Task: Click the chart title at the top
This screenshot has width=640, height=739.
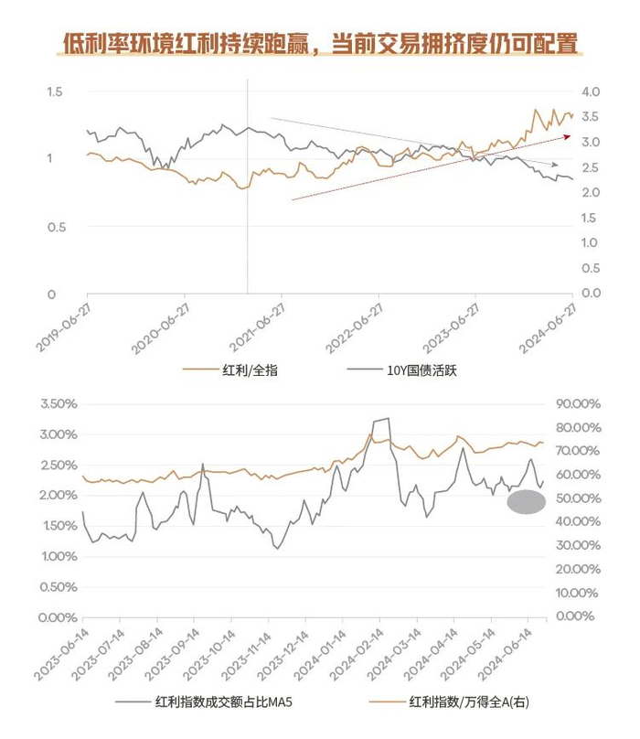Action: (320, 44)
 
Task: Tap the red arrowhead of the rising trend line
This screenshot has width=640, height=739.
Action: (567, 136)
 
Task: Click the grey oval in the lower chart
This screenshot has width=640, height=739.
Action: (526, 501)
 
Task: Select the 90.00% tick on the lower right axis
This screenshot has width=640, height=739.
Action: (577, 403)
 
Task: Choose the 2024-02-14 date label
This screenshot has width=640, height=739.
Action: (357, 653)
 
